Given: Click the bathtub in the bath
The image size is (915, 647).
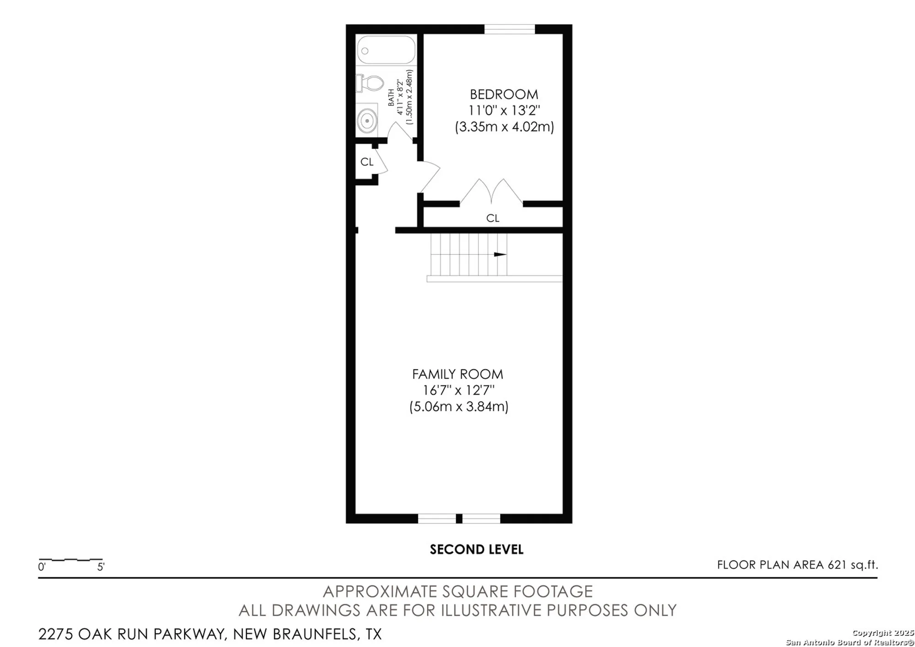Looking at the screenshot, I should tap(386, 50).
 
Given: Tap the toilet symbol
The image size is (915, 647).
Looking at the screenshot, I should tap(371, 83).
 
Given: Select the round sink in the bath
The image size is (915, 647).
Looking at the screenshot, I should tap(367, 121).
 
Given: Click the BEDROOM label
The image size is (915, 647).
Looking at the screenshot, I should tap(504, 95).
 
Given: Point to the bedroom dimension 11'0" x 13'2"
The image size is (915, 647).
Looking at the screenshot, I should tap(504, 111).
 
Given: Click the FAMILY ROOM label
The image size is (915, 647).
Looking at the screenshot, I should tap(457, 374).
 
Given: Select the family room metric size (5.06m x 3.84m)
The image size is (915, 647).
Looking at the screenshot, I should tap(458, 406).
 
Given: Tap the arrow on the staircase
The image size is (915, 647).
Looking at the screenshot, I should tap(500, 254).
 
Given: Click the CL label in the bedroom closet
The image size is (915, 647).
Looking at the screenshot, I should tap(493, 218).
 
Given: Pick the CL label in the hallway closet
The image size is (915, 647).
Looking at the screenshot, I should tap(367, 162).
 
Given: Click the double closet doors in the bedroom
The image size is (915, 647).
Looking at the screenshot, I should tap(491, 191).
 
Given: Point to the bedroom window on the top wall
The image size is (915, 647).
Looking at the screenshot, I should tap(509, 29).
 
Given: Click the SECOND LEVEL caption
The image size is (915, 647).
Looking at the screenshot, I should tap(476, 550).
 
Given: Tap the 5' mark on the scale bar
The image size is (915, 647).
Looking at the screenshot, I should tap(101, 567).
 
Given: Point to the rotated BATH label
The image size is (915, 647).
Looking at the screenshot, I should tap(391, 98).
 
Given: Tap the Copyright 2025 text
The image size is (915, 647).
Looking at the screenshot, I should tap(883, 633).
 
